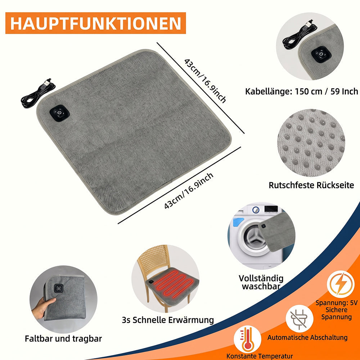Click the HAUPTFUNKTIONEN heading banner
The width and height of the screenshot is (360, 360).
pyautogui.click(x=95, y=23)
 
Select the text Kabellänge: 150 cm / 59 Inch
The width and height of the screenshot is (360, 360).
pyautogui.click(x=301, y=91)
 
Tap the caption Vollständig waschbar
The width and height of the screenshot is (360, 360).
pyautogui.click(x=261, y=282)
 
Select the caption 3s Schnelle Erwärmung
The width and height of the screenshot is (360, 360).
pyautogui.click(x=168, y=320)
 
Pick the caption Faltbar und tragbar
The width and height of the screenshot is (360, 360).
pyautogui.click(x=63, y=338)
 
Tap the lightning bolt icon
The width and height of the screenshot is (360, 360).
pyautogui.click(x=341, y=284)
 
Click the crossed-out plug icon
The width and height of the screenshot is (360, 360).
pyautogui.click(x=299, y=318)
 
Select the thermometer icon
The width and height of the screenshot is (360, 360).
pyautogui.click(x=247, y=339)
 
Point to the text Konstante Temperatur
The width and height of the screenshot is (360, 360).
pyautogui.click(x=260, y=356)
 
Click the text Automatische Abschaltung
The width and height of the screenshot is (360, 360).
pyautogui.click(x=307, y=337)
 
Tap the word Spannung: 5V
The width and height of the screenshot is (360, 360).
pyautogui.click(x=337, y=303)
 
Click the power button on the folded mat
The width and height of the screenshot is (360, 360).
pyautogui.click(x=59, y=288)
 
